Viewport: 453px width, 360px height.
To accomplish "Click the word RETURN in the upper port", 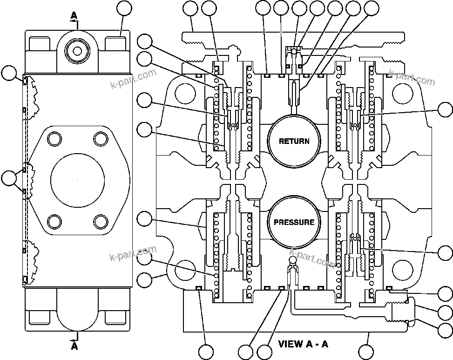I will tap(294, 141).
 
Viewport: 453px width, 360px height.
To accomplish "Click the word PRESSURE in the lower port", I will tap(294, 222).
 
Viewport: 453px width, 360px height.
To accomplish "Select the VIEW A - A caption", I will tap(303, 345).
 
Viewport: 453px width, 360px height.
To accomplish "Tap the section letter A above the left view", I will tap(74, 16).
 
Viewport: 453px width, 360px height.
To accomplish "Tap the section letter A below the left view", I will tap(74, 346).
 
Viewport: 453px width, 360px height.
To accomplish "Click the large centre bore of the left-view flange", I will tap(77, 179).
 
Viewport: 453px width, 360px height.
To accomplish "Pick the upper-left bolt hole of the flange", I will tap(55, 138).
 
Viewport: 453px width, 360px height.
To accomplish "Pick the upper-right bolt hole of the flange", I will tap(100, 138).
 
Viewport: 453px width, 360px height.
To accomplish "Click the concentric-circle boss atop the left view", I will tap(77, 48).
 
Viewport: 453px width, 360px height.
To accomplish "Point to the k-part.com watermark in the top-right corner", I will tap(412, 78).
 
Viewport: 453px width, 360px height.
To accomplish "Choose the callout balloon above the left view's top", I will tap(124, 9).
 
